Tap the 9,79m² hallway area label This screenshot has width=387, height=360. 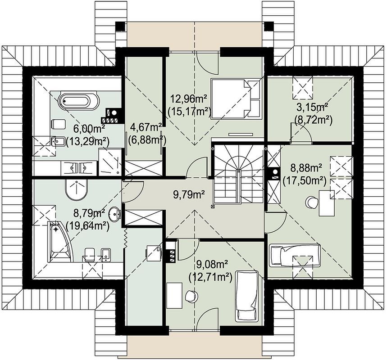pos(189,195)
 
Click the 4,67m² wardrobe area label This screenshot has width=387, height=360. pos(145,128)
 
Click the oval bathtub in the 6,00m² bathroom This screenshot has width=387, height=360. pos(79,101)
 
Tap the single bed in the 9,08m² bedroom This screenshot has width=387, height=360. pos(246,297)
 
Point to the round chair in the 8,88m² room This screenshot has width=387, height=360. pos(312,202)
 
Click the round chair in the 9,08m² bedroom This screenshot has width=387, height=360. pos(192,296)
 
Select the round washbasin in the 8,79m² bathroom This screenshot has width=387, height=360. pos(114,212)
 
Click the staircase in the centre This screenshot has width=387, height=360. pos(238,174)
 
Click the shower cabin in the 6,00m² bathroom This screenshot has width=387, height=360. pos(110,162)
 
